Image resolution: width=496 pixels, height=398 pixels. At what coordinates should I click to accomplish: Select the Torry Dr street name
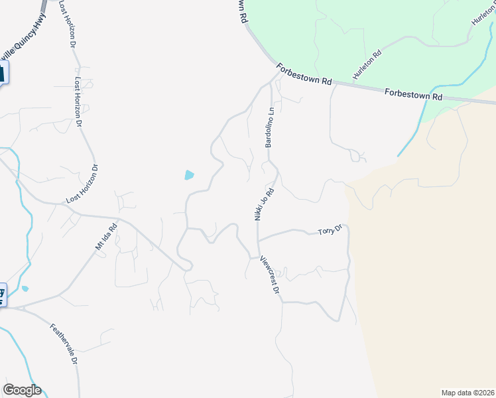(330, 231)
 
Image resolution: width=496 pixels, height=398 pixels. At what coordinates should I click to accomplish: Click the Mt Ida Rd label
(106, 236)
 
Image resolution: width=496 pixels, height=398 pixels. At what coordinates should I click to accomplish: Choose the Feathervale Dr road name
(65, 344)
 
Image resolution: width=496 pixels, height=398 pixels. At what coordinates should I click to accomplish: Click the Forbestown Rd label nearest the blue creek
(413, 96)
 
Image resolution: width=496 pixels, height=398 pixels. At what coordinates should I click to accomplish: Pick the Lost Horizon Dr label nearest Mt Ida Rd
(83, 184)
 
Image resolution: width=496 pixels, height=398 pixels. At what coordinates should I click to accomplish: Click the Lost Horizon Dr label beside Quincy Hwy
(68, 23)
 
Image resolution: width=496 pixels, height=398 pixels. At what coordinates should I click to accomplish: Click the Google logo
(22, 390)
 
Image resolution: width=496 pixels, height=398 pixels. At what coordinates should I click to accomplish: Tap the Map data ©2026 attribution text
(467, 393)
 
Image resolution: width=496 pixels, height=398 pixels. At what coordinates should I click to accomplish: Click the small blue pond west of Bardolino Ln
(190, 176)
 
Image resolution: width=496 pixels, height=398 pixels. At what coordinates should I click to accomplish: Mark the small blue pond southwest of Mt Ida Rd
(25, 289)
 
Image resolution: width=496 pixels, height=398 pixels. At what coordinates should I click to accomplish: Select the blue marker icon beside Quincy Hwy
(2, 72)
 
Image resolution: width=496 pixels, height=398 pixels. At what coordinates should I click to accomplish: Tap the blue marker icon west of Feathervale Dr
(2, 295)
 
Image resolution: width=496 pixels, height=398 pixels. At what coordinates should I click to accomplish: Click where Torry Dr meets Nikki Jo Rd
(258, 239)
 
